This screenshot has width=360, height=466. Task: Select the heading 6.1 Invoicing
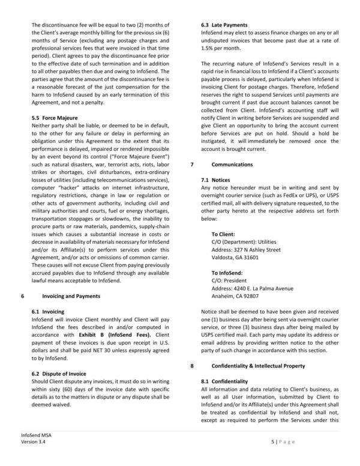(x=47, y=312)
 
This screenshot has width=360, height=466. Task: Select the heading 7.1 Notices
(x=217, y=180)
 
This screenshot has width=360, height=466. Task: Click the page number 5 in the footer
(x=272, y=441)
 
